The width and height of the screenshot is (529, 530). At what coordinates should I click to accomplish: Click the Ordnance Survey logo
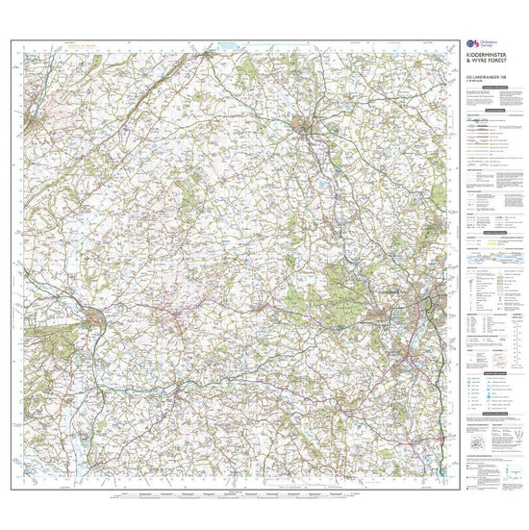468,44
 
